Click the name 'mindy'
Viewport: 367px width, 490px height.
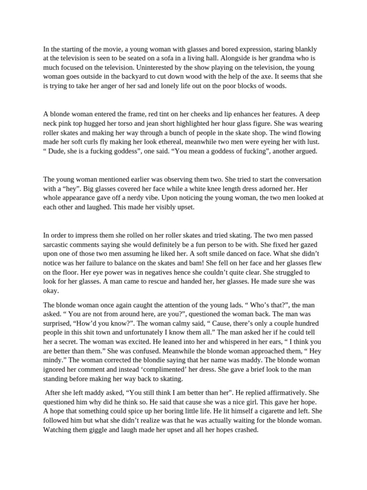tap(54, 360)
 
